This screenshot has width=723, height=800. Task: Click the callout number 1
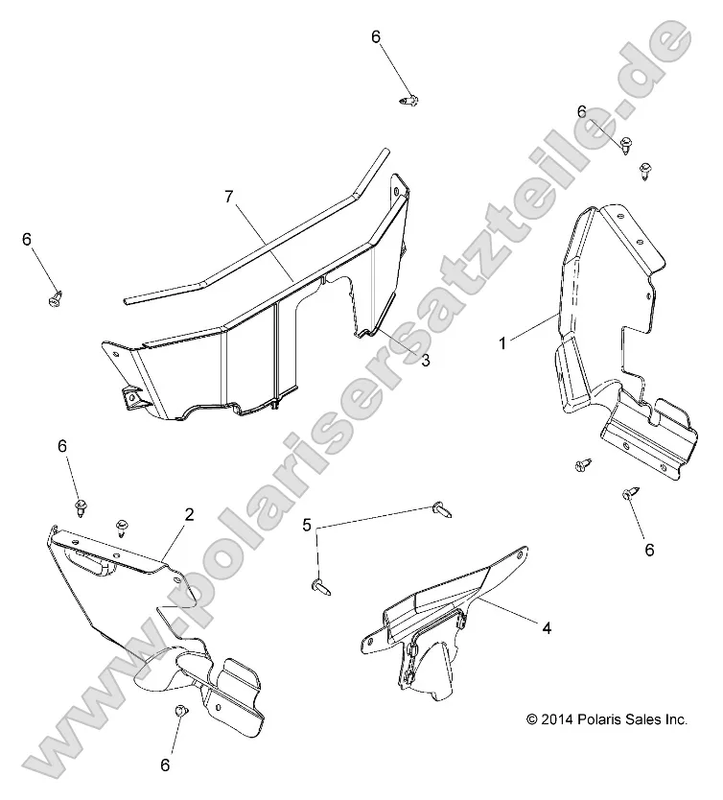click(x=502, y=343)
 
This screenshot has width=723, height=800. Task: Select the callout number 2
click(x=189, y=514)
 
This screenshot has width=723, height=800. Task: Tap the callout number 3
click(x=425, y=361)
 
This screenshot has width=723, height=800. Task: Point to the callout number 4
click(x=547, y=627)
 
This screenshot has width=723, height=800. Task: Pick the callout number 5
click(x=307, y=525)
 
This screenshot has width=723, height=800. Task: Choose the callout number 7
click(x=229, y=197)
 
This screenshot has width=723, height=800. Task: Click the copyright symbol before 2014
click(x=532, y=719)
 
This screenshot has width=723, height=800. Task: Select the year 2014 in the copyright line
click(x=558, y=719)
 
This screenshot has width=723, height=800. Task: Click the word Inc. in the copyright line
click(x=677, y=719)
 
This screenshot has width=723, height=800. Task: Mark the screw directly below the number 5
click(x=319, y=586)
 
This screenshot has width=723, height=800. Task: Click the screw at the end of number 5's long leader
click(x=441, y=509)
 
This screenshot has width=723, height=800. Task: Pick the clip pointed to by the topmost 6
click(x=408, y=100)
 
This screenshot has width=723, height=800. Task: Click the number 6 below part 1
click(x=649, y=550)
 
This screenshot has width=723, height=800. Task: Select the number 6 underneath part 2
click(x=165, y=765)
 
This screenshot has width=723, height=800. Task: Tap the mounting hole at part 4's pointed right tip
click(x=519, y=553)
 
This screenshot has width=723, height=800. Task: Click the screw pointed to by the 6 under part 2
click(x=180, y=710)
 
